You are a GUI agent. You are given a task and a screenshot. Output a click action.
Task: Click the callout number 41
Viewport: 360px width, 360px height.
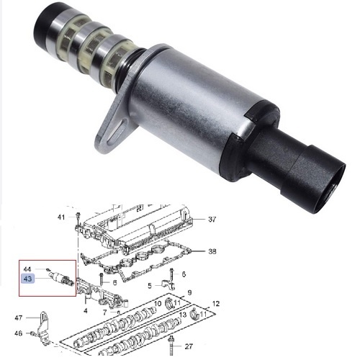click(x=61, y=217)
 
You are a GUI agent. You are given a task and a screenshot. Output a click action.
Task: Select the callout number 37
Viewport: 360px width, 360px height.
click(x=212, y=219)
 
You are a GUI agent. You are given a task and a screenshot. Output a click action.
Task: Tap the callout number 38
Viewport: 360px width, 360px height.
click(x=212, y=251)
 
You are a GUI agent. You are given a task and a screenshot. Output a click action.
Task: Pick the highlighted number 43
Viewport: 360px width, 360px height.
click(x=28, y=279)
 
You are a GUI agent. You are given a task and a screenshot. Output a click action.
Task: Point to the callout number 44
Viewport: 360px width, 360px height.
click(x=27, y=269)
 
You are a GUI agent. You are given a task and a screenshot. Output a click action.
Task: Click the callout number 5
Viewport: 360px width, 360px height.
click(x=150, y=286)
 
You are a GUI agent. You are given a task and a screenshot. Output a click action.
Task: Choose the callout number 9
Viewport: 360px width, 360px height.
click(x=189, y=292)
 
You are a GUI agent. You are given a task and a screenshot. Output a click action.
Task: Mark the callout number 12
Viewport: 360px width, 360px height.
click(x=216, y=304)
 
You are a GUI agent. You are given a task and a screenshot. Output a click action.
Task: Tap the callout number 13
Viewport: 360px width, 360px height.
click(x=183, y=315)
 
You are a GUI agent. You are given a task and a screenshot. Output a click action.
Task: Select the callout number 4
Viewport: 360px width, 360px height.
click(x=86, y=311)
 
